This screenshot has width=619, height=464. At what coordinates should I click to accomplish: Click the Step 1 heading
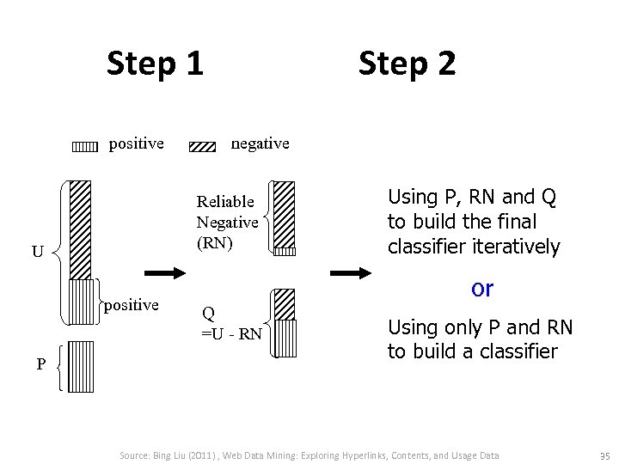point(156,63)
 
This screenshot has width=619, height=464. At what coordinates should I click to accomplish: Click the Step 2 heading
point(407,63)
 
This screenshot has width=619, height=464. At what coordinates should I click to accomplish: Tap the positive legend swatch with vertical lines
point(84,146)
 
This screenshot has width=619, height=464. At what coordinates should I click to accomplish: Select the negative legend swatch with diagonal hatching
point(202,146)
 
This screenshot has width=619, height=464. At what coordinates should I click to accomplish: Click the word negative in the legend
point(260,143)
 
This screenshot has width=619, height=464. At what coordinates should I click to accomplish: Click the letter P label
point(40,364)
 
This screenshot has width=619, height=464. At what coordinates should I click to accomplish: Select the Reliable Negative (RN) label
point(227,222)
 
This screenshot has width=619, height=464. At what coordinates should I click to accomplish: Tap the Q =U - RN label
point(231,323)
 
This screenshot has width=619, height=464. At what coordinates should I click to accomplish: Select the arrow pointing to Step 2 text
point(351,273)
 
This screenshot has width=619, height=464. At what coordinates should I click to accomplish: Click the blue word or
point(482,289)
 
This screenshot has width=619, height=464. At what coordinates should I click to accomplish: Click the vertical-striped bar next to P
point(81,366)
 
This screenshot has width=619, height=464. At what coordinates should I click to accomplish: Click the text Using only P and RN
point(480,327)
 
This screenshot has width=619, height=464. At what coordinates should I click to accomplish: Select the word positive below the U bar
point(131,305)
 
